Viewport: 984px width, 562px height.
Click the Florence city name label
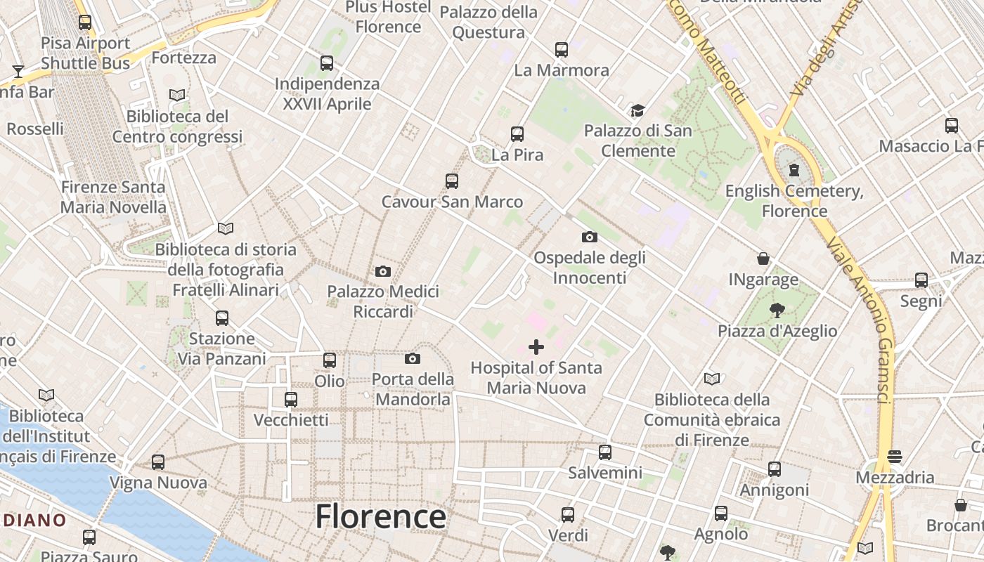380,517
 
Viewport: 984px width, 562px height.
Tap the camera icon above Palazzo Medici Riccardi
383,271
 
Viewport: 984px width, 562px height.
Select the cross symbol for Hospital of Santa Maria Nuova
536,347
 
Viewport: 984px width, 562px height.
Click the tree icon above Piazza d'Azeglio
777,310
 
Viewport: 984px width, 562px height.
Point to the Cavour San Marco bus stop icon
452,181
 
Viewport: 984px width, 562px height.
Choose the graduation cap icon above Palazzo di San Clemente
637,110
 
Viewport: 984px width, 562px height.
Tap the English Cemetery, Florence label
794,201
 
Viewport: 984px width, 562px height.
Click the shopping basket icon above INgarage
763,259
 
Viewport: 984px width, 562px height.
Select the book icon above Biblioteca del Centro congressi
177,95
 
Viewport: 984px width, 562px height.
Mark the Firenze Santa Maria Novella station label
113,197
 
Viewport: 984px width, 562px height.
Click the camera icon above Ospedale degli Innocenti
590,237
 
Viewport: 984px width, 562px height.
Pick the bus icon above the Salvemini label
605,452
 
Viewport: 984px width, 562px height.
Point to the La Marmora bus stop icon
561,50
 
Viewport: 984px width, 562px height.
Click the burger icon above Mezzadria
895,457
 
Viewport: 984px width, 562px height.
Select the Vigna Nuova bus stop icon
158,462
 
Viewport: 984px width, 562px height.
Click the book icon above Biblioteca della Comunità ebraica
712,379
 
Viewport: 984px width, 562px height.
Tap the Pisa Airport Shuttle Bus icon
85,22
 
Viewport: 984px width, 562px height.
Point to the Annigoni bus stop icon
775,469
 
